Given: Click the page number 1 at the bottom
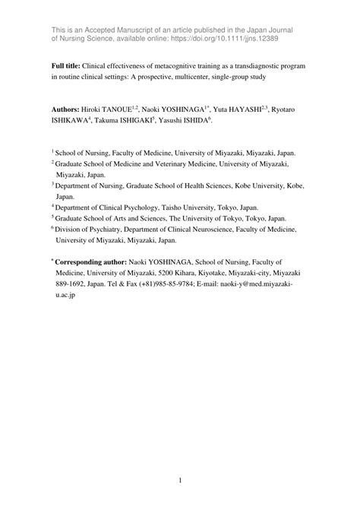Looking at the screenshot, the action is pyautogui.click(x=180, y=480).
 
